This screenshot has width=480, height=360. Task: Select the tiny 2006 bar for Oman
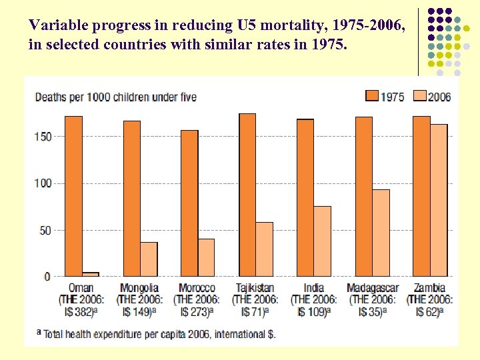pos(91,274)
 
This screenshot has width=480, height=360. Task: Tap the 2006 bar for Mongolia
pos(149,259)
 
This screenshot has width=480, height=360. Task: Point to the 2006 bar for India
pos(322,241)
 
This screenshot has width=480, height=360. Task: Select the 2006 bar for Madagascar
pos(381,233)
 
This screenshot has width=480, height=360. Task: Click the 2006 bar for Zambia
pos(439,200)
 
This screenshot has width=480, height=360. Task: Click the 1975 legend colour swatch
pos(371,96)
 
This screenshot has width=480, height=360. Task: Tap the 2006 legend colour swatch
pos(419,96)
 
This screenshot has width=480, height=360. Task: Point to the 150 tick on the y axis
pos(43,137)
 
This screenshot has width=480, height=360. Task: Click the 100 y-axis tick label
pos(43,183)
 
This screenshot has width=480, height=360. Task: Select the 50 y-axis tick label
pos(45,231)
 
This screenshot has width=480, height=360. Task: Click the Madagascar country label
pos(373,288)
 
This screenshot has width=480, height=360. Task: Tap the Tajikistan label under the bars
pos(255,288)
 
